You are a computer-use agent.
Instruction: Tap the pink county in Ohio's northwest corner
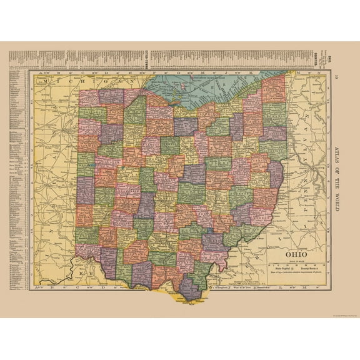coord(87,97)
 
